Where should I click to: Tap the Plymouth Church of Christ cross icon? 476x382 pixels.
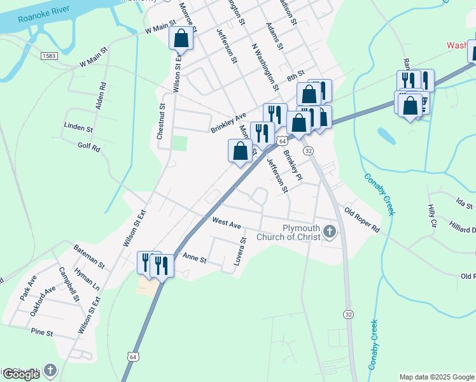(330, 231)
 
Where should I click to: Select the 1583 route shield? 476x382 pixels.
(49, 56)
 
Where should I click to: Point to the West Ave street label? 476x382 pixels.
(227, 224)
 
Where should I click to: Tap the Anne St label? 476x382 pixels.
(195, 259)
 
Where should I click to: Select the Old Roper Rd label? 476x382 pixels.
(361, 220)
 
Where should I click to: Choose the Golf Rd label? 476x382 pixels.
(89, 148)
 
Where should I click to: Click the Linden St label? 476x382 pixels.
(78, 128)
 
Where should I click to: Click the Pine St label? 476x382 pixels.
(41, 332)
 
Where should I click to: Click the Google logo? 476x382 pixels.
(21, 374)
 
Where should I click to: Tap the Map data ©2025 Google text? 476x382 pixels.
(436, 377)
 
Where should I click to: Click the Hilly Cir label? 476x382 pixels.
(431, 217)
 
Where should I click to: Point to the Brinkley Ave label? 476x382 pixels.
(228, 124)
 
